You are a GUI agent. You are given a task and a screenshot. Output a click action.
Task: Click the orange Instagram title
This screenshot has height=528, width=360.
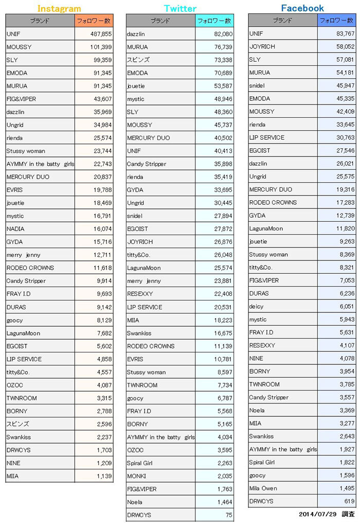pos(59,9)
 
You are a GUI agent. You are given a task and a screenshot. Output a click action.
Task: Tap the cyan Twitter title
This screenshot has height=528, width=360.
pos(180,9)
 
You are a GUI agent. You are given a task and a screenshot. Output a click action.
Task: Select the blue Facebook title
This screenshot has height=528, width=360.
pos(302,8)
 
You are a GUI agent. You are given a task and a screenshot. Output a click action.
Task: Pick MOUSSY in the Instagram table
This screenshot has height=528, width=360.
pos(19,47)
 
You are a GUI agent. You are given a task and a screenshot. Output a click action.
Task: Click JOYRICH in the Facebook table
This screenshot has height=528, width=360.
pos(262,46)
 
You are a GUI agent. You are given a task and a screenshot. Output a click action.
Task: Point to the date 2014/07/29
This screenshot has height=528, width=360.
pos(317,514)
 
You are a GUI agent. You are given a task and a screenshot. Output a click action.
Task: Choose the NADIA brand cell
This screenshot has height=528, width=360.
pos(15,229)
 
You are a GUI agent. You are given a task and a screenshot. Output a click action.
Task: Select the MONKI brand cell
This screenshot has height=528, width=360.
pos(136,476)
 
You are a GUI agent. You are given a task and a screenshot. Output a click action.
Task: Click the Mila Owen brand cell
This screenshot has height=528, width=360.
pos(263,488)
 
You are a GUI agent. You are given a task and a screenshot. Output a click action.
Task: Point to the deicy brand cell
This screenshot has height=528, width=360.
pos(257,307)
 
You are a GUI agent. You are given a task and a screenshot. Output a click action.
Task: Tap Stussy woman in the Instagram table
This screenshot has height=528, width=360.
pos(26,151)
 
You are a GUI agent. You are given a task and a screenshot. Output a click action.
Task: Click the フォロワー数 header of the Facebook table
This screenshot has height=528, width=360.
pos(336,21)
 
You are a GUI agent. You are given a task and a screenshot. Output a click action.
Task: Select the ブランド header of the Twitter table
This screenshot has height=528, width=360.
pos(160,21)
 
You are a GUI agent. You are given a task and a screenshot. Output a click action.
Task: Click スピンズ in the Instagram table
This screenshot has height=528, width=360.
pos(18,424)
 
